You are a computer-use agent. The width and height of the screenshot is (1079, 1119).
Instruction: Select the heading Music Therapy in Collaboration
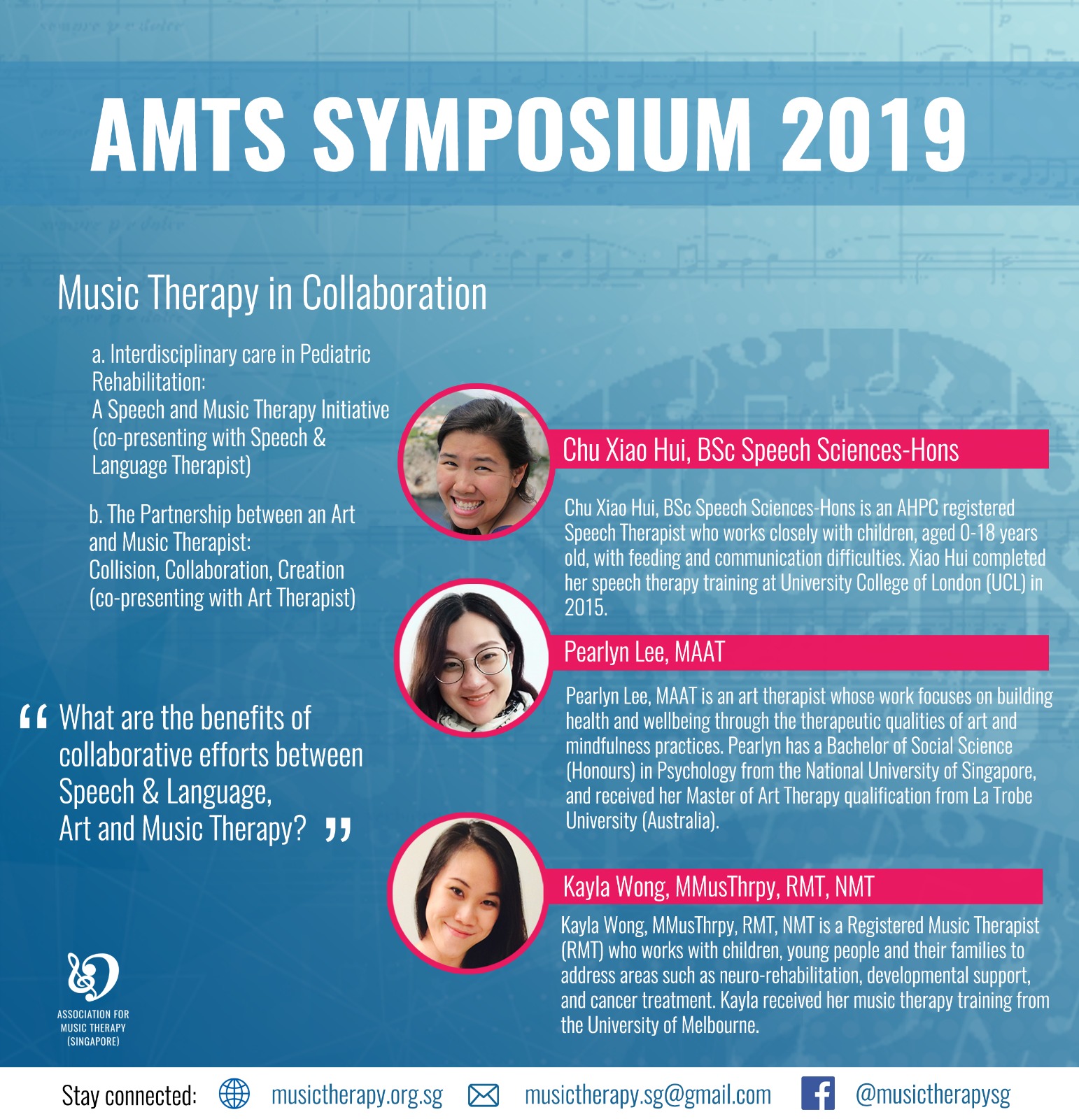(271, 294)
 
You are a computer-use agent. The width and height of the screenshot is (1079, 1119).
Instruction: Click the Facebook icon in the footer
(817, 1094)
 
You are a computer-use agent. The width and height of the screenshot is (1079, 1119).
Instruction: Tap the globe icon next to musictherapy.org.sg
(234, 1094)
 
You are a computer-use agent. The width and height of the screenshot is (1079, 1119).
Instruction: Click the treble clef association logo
(92, 976)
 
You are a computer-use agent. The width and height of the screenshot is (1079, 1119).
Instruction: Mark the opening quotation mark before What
(34, 717)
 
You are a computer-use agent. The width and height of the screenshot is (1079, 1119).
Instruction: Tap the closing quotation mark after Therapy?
(339, 830)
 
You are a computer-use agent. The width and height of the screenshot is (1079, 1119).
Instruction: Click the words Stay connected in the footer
(129, 1095)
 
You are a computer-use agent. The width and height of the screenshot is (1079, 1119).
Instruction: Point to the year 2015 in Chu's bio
(586, 607)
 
